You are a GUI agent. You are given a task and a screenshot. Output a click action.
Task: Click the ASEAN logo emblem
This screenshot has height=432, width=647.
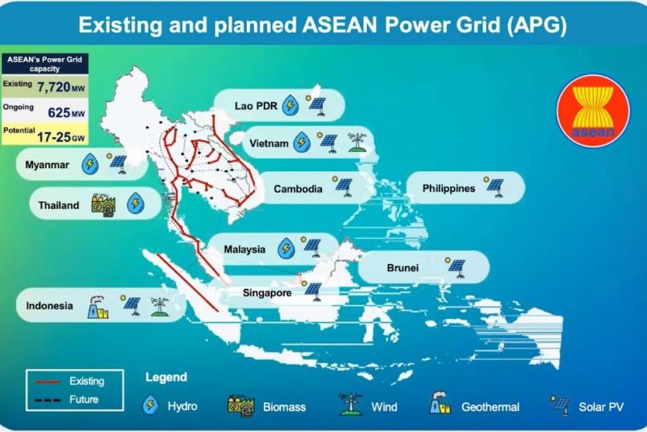[593, 111]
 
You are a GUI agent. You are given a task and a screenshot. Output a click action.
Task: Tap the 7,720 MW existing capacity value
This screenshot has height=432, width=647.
[61, 86]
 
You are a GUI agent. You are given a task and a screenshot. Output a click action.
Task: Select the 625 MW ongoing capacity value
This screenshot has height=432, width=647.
[66, 112]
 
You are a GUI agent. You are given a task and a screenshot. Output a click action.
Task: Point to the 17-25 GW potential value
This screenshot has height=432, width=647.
[61, 136]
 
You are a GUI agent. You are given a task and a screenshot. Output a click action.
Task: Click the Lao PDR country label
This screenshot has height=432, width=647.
[256, 106]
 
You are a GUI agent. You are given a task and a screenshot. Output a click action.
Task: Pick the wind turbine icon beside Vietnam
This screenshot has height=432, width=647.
[357, 142]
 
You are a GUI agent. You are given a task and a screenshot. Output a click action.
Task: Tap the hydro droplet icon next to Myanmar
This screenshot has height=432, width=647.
[90, 164]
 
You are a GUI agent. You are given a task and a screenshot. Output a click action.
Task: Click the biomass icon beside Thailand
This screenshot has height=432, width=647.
[103, 205]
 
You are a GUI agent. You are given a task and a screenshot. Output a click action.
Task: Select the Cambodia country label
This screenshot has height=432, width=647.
[298, 189]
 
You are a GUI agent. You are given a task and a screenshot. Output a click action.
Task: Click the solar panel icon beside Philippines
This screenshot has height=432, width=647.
[494, 187]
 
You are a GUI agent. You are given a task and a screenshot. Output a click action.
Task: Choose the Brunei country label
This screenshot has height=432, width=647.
[403, 267]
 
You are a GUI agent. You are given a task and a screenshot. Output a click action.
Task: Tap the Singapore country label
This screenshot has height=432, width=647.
[267, 293]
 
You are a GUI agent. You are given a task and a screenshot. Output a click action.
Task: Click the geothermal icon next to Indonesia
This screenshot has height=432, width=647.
[98, 308]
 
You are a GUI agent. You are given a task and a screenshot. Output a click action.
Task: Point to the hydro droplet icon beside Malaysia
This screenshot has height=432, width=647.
[286, 249]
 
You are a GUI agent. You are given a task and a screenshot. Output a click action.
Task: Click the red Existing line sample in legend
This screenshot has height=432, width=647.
[48, 382]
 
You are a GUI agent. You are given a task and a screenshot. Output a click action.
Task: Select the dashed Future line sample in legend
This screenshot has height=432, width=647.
[48, 400]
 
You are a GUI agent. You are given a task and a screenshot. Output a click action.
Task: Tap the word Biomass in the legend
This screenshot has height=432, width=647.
[284, 407]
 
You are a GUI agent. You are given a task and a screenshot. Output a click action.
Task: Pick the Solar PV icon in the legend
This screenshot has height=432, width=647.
[560, 405]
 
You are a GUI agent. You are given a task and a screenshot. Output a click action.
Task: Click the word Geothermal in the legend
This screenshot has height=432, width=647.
[490, 407]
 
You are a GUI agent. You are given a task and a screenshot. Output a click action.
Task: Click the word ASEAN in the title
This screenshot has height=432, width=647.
[340, 25]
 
